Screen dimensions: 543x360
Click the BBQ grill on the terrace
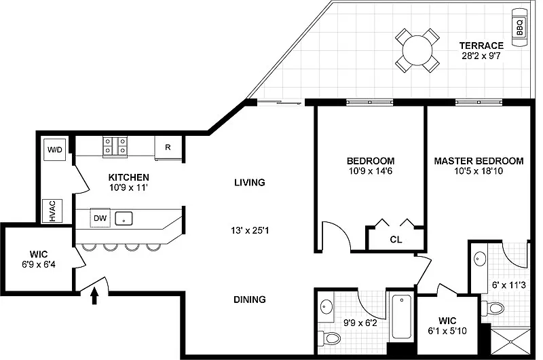coord(519,28)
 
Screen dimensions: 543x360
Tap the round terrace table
coord(417,50)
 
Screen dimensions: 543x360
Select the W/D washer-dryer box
coord(55,150)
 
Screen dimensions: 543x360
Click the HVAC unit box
coord(52,211)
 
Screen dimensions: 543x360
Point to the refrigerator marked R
coord(168,147)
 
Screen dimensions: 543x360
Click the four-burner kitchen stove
coord(115,146)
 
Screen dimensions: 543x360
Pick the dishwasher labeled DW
coord(100,218)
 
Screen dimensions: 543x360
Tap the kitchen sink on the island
coord(124,218)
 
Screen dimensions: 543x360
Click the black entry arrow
coord(94,296)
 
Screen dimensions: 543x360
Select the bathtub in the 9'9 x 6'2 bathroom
coord(402,317)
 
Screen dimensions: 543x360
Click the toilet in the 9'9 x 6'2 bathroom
coord(329,338)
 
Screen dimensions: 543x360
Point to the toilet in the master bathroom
coord(493,307)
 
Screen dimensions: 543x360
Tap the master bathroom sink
coord(480,259)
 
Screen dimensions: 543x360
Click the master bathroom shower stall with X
coord(510,342)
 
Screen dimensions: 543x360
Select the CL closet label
coord(396,239)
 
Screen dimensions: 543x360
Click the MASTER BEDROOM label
coord(479,161)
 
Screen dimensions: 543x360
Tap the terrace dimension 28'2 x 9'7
coord(481,56)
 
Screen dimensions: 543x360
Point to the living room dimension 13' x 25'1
coord(250,230)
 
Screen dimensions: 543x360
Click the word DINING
coord(250,300)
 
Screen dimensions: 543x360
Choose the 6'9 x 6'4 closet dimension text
coord(39,265)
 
